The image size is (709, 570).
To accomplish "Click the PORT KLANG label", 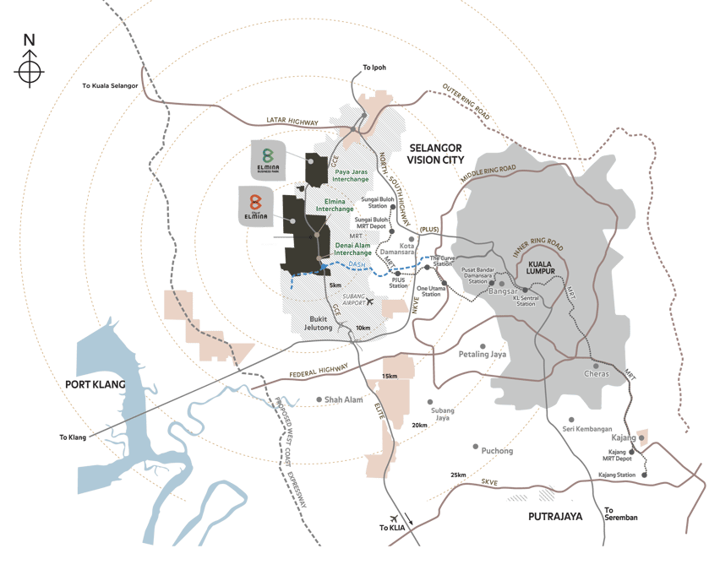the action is (x=95, y=384).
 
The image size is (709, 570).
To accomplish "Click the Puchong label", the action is (x=497, y=451).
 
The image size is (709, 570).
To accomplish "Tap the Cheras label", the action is (x=597, y=373).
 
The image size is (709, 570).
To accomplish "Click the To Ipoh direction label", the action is (x=374, y=68).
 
